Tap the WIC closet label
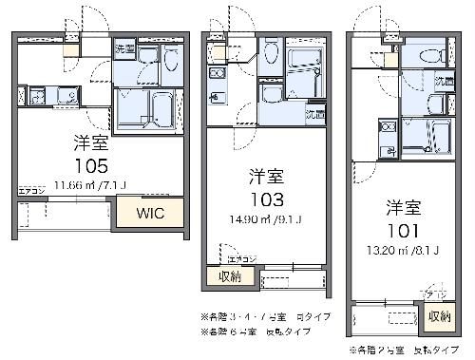point(150,213)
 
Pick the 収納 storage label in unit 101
point(438,316)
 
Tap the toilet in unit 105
point(171,62)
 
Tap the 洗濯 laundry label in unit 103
point(313,114)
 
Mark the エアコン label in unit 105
point(31,193)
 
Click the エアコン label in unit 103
point(237,257)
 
